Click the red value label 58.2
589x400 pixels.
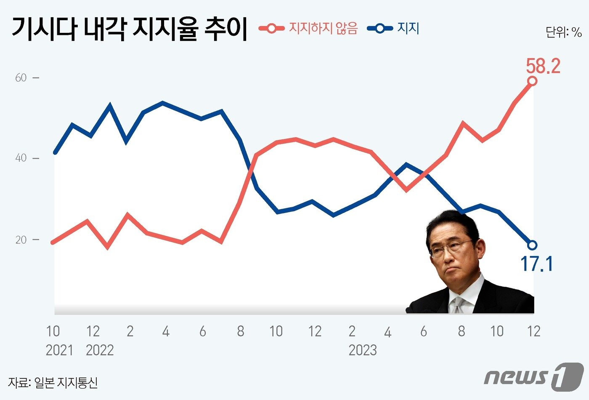(x=543, y=66)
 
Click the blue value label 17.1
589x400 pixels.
(x=536, y=264)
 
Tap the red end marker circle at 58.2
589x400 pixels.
(x=532, y=81)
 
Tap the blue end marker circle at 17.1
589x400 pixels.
(x=532, y=245)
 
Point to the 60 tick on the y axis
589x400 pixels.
(x=21, y=77)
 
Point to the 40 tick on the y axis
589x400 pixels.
(x=21, y=158)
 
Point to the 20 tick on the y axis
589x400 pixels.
(x=21, y=240)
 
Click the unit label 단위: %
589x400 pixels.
(x=564, y=32)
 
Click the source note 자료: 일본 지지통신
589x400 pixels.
(x=53, y=382)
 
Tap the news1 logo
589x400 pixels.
(x=533, y=376)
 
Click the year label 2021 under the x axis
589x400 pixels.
(x=59, y=350)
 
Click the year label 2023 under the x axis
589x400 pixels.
(x=363, y=350)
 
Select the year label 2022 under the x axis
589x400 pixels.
(x=100, y=350)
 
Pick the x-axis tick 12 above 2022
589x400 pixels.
(x=93, y=331)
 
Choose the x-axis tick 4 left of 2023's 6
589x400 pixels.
(x=387, y=332)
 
